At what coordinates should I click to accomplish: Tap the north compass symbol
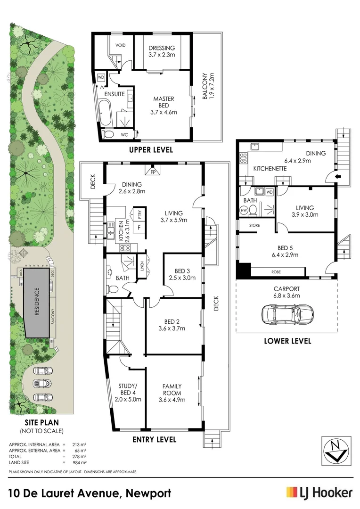(335, 450)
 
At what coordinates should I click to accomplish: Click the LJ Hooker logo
(319, 493)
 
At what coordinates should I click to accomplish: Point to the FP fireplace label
(153, 172)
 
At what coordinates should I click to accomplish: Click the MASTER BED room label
(164, 102)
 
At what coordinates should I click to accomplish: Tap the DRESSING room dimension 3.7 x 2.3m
(162, 55)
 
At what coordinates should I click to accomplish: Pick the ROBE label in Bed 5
(277, 272)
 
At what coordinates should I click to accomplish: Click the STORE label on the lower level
(254, 226)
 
